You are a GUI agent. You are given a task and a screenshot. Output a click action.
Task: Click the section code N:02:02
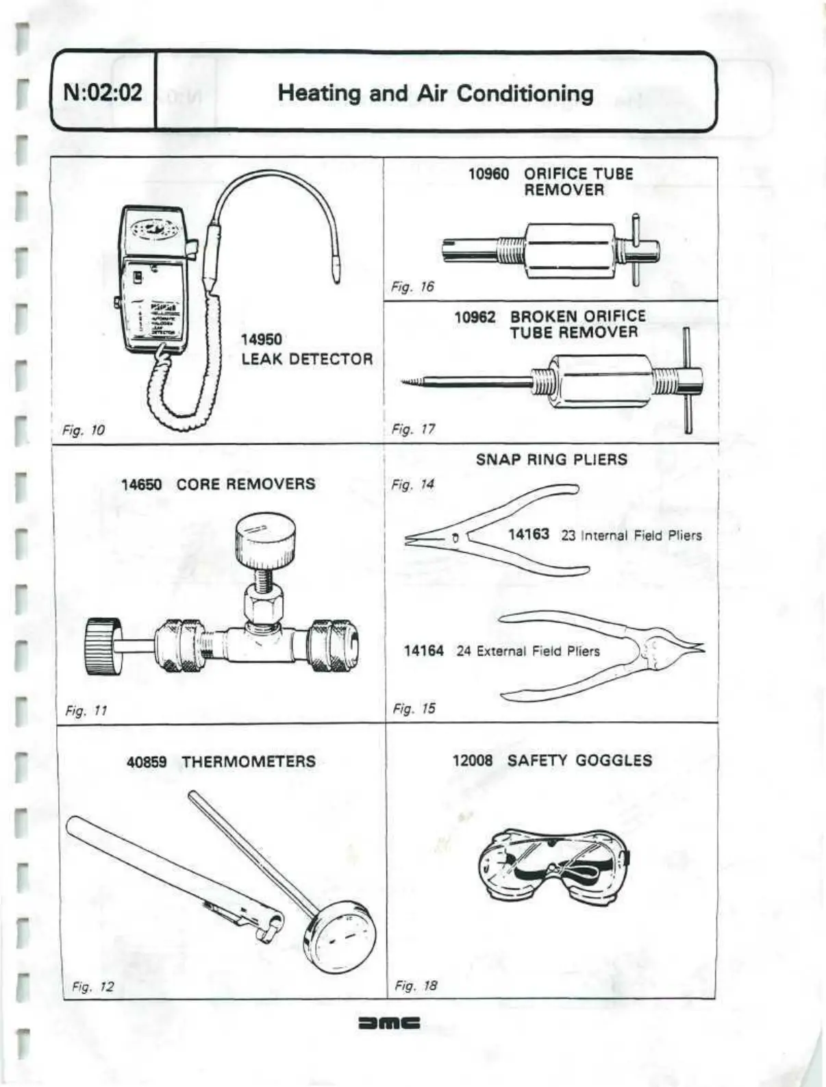(x=103, y=92)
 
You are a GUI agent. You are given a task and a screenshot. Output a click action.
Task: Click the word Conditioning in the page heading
(x=525, y=94)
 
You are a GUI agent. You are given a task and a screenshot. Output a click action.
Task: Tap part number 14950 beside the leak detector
(x=261, y=340)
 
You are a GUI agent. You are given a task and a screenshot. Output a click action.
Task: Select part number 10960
(x=488, y=174)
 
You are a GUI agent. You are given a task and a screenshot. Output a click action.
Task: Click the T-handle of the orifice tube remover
(x=636, y=249)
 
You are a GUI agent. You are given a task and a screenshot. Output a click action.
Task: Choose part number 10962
(x=475, y=317)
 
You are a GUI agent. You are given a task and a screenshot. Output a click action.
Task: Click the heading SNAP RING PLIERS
(x=551, y=460)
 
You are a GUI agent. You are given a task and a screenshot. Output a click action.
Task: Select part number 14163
(x=528, y=534)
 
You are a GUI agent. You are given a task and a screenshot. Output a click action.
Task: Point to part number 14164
(x=423, y=651)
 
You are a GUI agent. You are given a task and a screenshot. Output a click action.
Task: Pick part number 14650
(x=142, y=485)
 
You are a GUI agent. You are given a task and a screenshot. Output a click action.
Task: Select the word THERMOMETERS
(x=249, y=762)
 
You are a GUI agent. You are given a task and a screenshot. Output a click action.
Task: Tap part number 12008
(x=473, y=760)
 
